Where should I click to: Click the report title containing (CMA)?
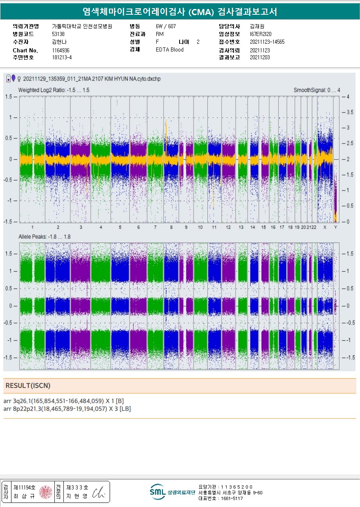click(x=180, y=12)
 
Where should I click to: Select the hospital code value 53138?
click(x=58, y=34)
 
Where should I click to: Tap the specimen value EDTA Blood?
click(x=169, y=50)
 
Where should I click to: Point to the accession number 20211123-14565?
click(x=267, y=42)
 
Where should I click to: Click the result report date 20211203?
click(x=260, y=58)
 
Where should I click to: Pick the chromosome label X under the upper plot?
click(x=325, y=227)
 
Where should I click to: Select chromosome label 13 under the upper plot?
click(x=241, y=227)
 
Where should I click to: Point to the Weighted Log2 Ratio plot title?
click(x=54, y=90)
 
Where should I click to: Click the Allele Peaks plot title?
click(x=44, y=237)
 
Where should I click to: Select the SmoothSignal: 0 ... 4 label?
click(x=317, y=90)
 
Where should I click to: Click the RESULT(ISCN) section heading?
click(x=28, y=386)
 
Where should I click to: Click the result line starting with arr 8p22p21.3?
click(x=67, y=408)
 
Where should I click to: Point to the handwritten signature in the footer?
click(x=98, y=493)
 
